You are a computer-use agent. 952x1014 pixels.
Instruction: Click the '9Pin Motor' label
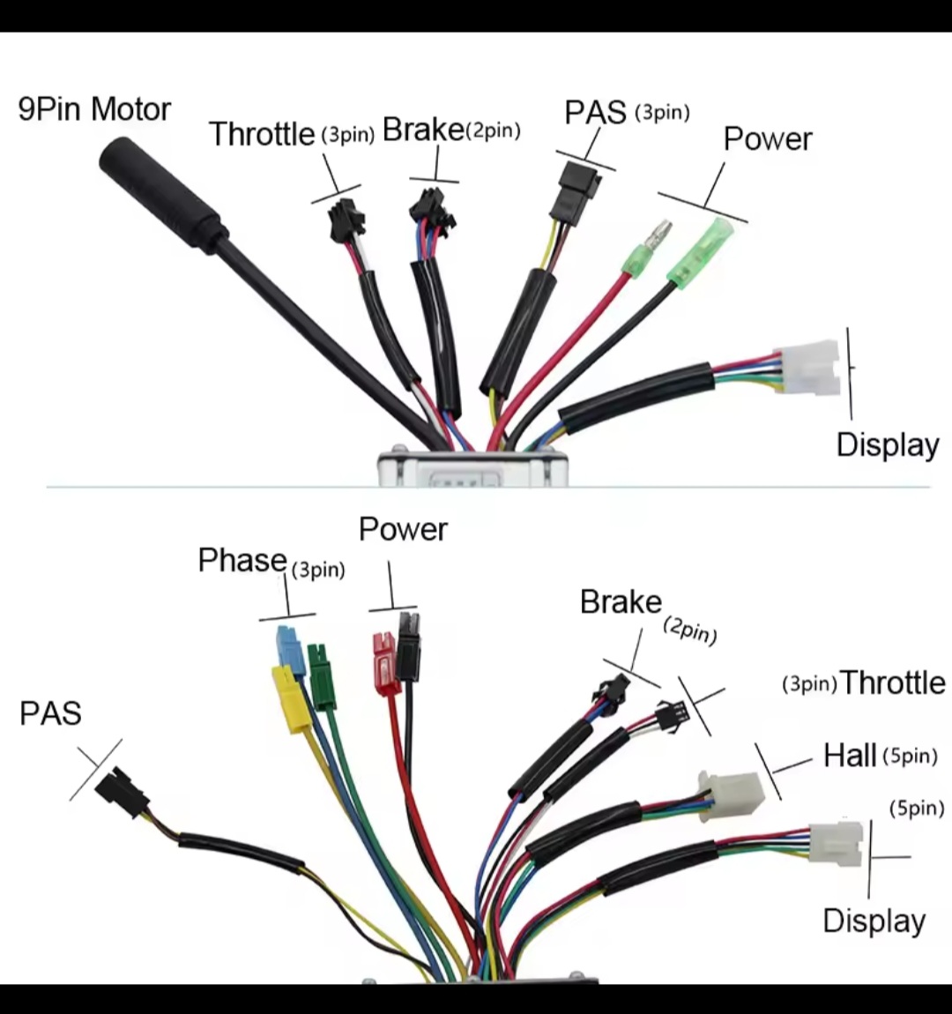click(94, 110)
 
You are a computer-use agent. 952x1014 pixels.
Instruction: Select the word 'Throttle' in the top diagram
click(262, 134)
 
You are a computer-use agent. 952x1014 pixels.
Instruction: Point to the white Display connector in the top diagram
click(806, 367)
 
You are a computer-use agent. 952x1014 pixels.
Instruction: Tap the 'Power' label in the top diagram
click(767, 139)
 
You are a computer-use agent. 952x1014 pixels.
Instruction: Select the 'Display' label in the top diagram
click(887, 444)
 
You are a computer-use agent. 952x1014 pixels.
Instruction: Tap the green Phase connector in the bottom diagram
click(322, 676)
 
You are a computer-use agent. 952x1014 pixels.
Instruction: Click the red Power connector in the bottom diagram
click(385, 662)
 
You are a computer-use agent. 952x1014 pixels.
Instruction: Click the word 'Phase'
click(242, 560)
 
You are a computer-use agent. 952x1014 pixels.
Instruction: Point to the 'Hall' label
click(850, 756)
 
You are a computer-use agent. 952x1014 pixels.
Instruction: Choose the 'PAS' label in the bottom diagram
click(50, 713)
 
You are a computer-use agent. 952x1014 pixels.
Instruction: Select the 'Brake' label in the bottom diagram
click(621, 602)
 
